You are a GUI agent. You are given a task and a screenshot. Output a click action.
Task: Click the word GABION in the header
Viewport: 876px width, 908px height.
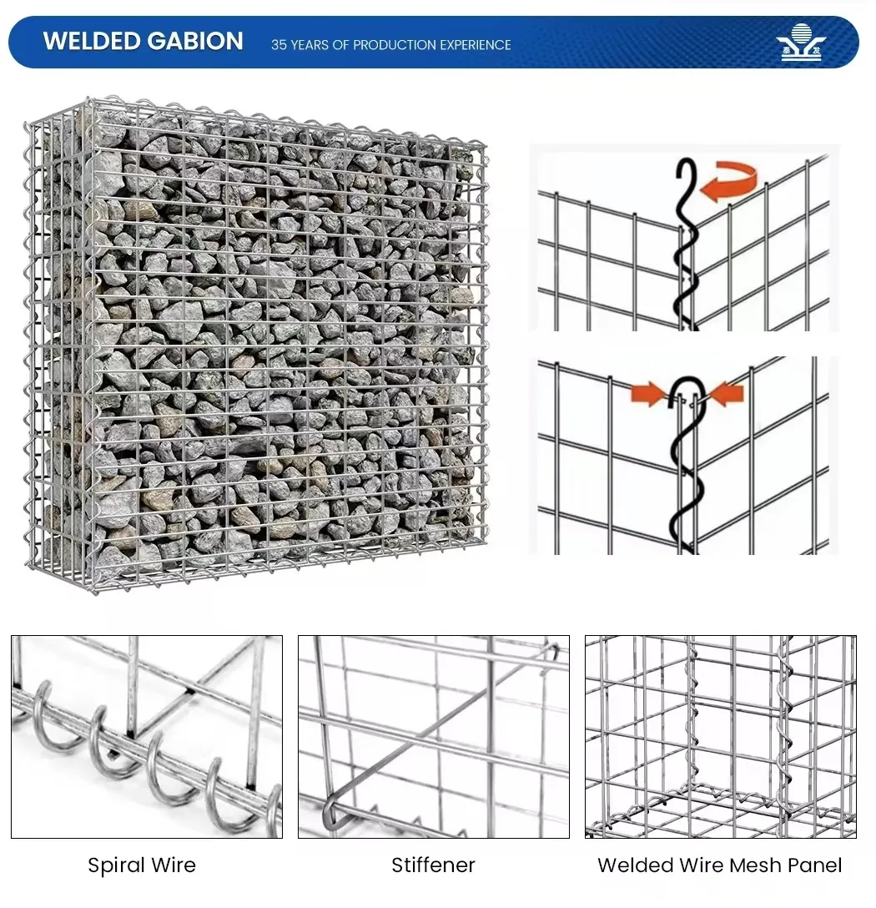[x=197, y=42]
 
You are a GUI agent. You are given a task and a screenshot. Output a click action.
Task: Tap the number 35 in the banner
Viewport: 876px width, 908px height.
[x=279, y=45]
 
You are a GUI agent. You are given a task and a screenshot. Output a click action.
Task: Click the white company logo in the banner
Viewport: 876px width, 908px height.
[x=800, y=42]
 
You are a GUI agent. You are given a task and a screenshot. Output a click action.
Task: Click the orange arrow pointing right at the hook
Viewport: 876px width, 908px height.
[x=647, y=391]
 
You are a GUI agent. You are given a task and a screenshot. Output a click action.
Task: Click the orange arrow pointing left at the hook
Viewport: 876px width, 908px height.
[x=730, y=391]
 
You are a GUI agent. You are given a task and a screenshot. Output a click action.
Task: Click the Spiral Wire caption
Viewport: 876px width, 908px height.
[x=142, y=865]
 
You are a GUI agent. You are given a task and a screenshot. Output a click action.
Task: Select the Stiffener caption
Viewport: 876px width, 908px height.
[x=433, y=865]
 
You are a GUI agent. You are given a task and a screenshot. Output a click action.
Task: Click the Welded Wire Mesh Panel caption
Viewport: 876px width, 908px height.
[x=719, y=865]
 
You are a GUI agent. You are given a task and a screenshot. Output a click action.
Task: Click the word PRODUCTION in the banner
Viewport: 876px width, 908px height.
[x=391, y=45]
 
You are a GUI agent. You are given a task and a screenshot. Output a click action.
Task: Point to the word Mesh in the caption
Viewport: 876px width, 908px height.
[x=753, y=865]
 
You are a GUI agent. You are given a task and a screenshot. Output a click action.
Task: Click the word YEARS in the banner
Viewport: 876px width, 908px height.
[x=310, y=45]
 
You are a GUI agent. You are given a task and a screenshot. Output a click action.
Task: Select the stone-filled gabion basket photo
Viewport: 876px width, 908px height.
[x=254, y=342]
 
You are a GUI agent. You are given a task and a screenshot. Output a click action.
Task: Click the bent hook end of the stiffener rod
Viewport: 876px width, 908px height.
[x=330, y=815]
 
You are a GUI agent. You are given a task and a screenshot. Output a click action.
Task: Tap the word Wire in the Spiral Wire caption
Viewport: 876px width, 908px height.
[x=173, y=865]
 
